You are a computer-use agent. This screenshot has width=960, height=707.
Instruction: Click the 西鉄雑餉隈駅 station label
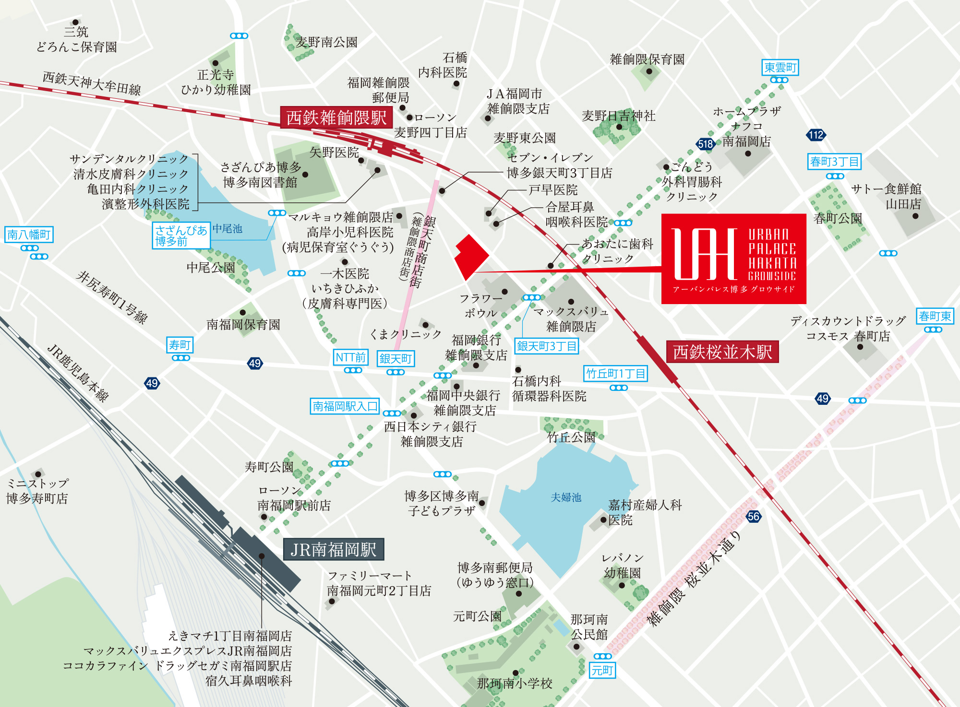click(336, 118)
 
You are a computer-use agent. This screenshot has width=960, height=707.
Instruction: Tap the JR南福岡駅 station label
click(333, 550)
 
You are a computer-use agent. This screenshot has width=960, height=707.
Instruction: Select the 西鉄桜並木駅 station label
click(722, 352)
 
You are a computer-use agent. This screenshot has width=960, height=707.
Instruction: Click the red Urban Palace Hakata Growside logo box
click(733, 259)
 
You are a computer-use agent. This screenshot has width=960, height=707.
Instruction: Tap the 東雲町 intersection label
click(780, 68)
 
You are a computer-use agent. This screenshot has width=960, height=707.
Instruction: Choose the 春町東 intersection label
click(935, 316)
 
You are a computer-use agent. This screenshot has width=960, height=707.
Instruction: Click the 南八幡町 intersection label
click(29, 235)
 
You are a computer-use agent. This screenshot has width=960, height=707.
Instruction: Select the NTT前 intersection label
click(350, 357)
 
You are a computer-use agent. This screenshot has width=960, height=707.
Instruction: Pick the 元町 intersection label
click(602, 670)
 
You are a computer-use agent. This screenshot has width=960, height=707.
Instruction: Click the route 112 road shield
click(816, 135)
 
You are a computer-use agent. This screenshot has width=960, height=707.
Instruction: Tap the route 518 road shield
click(705, 144)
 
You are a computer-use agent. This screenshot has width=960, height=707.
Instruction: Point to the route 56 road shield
click(754, 517)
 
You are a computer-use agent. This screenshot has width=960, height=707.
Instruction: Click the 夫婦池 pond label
click(566, 497)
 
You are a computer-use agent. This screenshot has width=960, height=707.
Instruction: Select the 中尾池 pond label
click(228, 229)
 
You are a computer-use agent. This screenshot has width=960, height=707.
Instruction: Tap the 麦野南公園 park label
click(326, 42)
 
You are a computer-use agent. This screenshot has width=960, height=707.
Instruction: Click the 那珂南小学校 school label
click(515, 683)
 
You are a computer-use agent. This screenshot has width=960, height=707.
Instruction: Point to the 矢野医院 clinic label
click(334, 153)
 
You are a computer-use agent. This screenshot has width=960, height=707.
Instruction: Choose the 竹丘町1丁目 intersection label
click(615, 373)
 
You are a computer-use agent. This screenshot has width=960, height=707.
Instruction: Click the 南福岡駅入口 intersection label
click(345, 406)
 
